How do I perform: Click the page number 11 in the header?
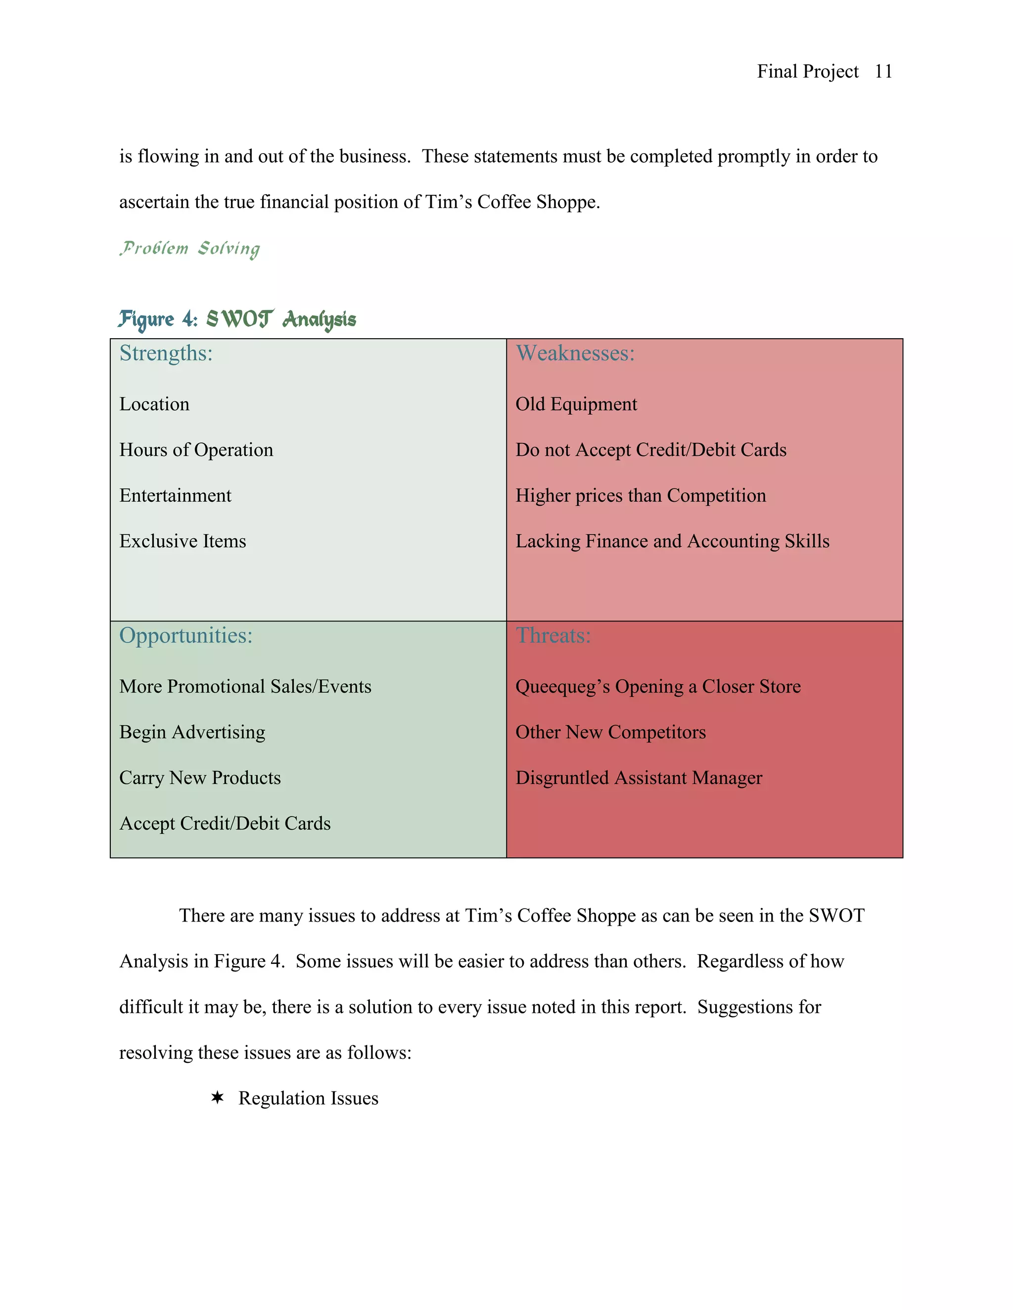[x=883, y=71]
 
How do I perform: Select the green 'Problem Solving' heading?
[x=189, y=248]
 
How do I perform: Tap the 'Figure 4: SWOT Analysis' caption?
[x=237, y=319]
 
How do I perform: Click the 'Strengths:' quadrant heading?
[x=166, y=353]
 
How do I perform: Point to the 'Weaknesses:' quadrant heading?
[x=575, y=353]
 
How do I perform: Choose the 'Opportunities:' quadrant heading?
[x=186, y=636]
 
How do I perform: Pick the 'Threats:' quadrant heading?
[x=553, y=636]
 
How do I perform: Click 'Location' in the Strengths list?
[x=154, y=404]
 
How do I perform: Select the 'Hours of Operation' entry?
[x=196, y=450]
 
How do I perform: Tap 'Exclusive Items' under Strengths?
[x=183, y=541]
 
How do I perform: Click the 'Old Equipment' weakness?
[x=576, y=404]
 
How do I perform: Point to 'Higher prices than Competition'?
[x=641, y=495]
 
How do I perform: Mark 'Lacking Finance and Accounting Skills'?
[x=672, y=541]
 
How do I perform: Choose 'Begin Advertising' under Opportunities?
[x=192, y=733]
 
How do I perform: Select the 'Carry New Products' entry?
[x=200, y=778]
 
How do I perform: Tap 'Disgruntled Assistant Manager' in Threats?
[x=639, y=778]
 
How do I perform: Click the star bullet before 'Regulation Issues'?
[x=217, y=1097]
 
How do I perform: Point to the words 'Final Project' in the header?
[x=807, y=71]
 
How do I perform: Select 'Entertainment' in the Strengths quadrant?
[x=175, y=495]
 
